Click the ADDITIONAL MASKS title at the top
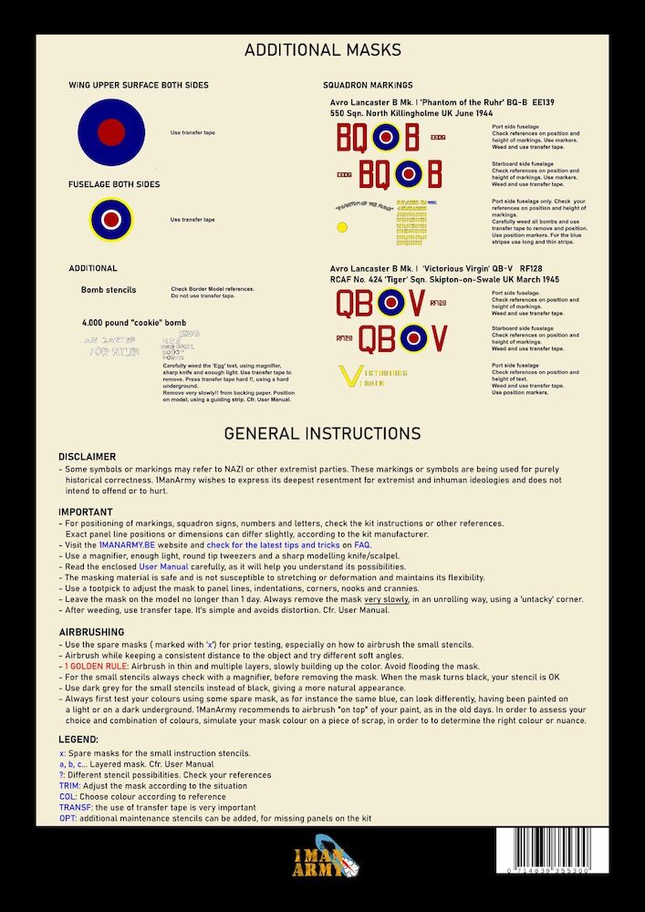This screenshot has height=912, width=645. (x=322, y=50)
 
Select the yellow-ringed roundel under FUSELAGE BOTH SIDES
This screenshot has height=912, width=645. (x=111, y=219)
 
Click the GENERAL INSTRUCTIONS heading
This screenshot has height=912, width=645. (x=322, y=433)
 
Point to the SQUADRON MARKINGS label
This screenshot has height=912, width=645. (x=368, y=85)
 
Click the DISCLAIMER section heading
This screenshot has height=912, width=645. (x=88, y=456)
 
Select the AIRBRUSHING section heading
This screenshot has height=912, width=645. (x=92, y=631)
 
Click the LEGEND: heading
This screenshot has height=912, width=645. (x=79, y=740)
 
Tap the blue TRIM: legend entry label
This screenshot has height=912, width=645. (x=70, y=785)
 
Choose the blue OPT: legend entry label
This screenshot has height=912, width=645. (x=68, y=818)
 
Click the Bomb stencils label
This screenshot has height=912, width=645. (x=109, y=290)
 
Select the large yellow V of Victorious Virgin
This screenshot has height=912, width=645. (x=348, y=377)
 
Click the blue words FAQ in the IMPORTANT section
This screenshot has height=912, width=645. (x=363, y=544)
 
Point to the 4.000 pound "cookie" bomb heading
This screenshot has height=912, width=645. (x=133, y=324)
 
